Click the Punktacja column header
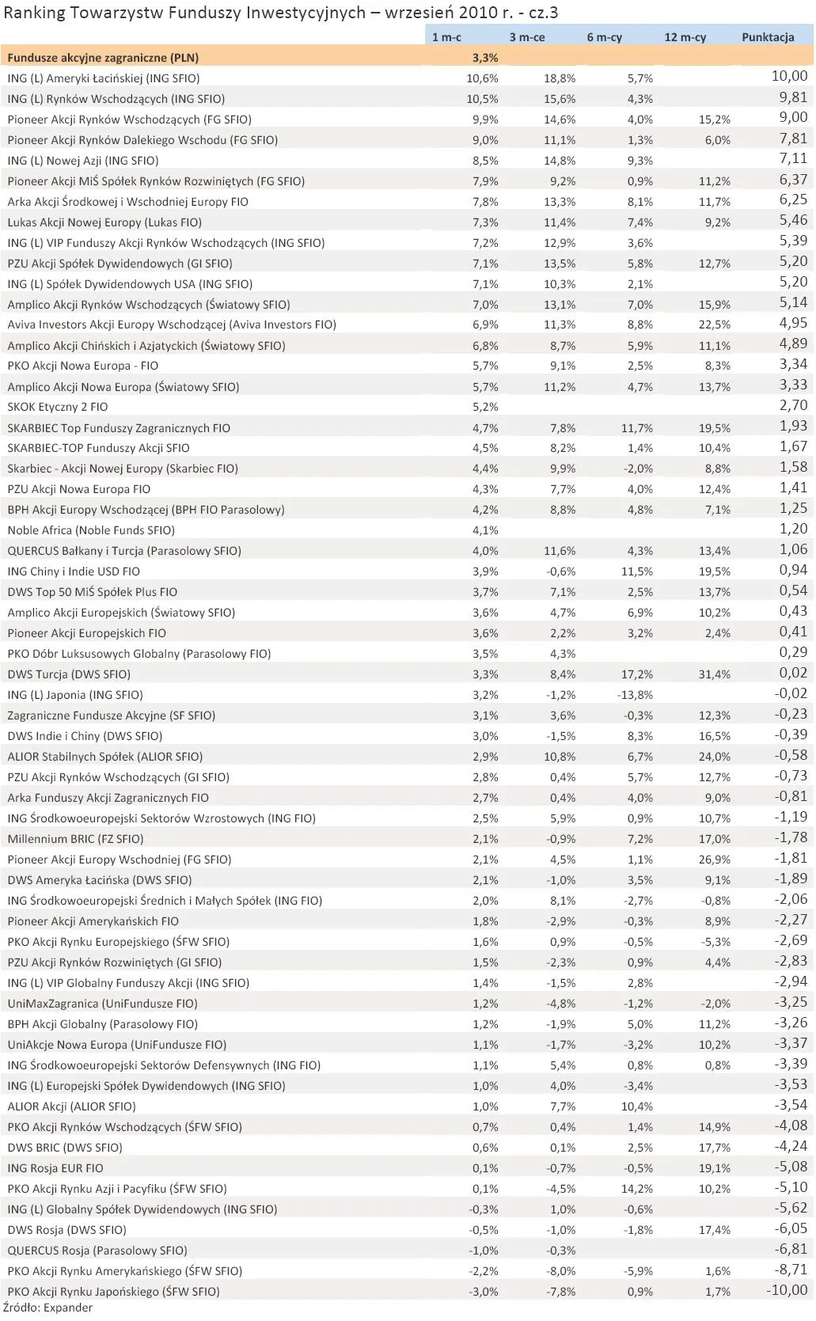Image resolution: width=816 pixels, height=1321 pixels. [767, 37]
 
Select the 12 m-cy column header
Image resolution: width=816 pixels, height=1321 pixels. [685, 37]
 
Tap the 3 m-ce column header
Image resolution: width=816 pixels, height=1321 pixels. [526, 37]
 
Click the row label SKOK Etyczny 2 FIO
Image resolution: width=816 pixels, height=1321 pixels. [58, 407]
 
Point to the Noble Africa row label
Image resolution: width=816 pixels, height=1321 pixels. [91, 530]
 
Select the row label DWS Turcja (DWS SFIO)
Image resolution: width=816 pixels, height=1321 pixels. [69, 674]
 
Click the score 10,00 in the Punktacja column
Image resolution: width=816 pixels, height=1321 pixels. [789, 77]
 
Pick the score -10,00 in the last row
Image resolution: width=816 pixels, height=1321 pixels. [787, 1290]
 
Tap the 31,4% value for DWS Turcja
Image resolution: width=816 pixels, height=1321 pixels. [715, 674]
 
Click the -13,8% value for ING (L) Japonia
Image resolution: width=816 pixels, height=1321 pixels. [636, 695]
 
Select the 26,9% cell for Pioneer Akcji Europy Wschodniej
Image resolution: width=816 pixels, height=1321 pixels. [715, 860]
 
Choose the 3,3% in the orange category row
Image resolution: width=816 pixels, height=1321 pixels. [484, 58]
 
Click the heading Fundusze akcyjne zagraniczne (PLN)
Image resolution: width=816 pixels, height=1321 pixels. [103, 58]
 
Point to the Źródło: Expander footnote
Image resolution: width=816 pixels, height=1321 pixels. [47, 1308]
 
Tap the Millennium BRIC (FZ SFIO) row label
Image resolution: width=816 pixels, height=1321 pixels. [75, 839]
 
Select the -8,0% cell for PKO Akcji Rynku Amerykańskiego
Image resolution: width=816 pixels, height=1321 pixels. [561, 1271]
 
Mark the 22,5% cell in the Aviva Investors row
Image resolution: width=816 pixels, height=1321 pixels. [715, 325]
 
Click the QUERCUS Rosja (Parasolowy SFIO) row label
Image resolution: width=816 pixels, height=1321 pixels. [97, 1251]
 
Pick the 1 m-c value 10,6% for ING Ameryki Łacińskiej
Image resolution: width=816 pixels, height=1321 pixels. [482, 78]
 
